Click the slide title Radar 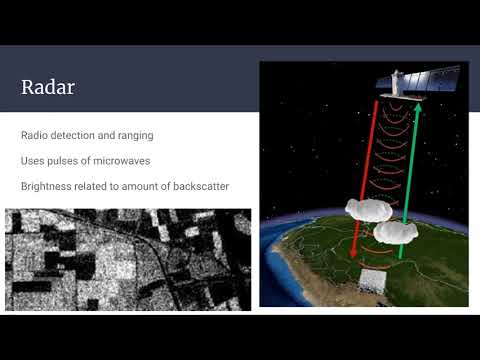click(47, 87)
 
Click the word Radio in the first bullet click(33, 135)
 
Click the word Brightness click(47, 186)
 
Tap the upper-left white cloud click(364, 209)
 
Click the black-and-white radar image click(128, 259)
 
